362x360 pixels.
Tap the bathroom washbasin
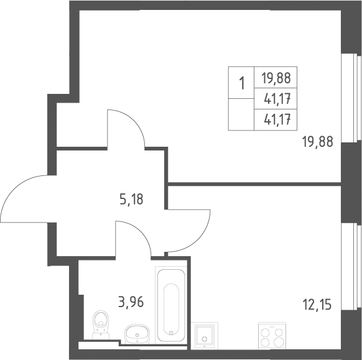pos(137,334)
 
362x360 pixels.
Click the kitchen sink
pos(204,336)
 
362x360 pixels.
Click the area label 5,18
pos(132,199)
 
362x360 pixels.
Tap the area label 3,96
pos(131,302)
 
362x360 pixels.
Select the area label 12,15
pos(317,305)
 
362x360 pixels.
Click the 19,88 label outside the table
pos(318,142)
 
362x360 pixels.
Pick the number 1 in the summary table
pos(242,83)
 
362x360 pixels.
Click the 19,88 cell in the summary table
pos(276,78)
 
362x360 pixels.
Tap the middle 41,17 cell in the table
pos(276,98)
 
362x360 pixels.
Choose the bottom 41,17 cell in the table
pos(276,120)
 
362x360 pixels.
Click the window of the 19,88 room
pos(351,98)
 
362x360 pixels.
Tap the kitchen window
pos(351,267)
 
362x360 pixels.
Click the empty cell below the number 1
pos(241,114)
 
